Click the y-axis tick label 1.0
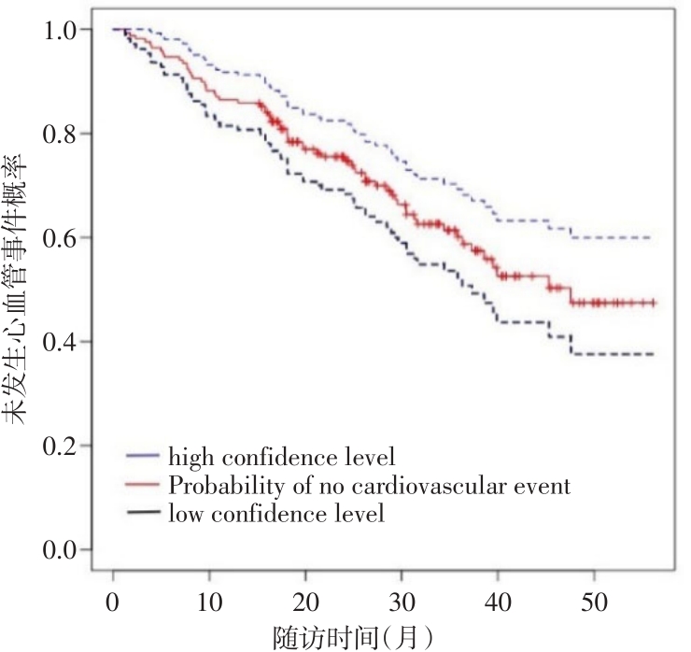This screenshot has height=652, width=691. click(63, 30)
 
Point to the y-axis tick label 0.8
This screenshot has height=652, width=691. click(63, 135)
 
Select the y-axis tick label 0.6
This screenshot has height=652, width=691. click(63, 238)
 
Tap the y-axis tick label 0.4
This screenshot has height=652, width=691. click(63, 342)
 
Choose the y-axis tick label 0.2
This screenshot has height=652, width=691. click(63, 446)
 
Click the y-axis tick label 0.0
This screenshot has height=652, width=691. click(63, 550)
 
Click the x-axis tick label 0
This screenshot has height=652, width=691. click(113, 599)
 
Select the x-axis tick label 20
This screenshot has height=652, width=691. click(305, 599)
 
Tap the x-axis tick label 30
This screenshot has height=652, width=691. click(402, 599)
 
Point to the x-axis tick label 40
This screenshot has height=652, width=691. click(498, 599)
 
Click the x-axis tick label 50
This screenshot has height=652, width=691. click(594, 599)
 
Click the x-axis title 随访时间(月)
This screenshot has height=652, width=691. click(353, 635)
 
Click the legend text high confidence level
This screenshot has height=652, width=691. click(282, 458)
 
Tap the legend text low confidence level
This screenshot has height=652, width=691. click(276, 513)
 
